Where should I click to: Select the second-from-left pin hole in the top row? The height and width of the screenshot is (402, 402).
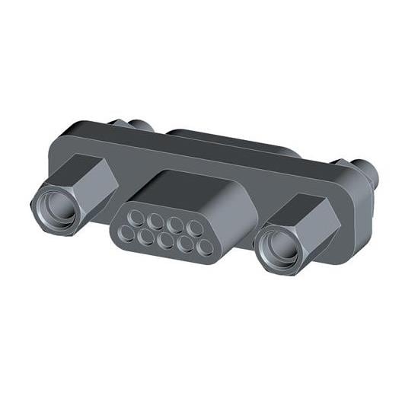click(x=157, y=222)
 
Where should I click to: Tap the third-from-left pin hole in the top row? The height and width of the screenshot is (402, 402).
click(x=175, y=225)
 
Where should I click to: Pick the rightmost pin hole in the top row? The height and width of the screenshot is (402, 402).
click(x=194, y=228)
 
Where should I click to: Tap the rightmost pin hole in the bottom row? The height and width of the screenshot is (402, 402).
click(x=203, y=247)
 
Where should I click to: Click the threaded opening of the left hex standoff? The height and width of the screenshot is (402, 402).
click(x=55, y=205)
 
